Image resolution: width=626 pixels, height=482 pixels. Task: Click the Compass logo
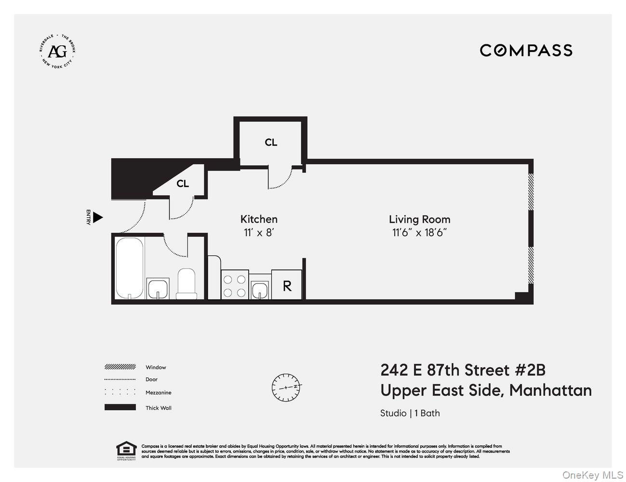click(526, 50)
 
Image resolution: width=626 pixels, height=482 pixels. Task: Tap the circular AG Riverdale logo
click(57, 51)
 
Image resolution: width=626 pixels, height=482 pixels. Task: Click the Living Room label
click(419, 219)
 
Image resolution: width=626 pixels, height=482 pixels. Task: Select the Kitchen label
click(259, 219)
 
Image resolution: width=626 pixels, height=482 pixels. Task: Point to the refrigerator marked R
click(287, 286)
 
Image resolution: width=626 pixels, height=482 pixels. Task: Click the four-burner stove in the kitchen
click(235, 285)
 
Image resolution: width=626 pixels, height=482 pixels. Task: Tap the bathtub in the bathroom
click(129, 268)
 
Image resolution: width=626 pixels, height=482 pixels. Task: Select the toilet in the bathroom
click(187, 284)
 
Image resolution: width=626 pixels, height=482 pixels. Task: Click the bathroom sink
click(158, 289)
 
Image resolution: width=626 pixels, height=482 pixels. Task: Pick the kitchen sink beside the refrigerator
click(260, 289)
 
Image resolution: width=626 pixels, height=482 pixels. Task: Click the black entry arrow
click(98, 218)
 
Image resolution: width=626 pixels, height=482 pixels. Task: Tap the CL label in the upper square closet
click(271, 142)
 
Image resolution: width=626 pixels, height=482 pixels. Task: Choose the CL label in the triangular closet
click(183, 184)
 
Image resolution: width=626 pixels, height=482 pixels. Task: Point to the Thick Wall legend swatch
click(120, 408)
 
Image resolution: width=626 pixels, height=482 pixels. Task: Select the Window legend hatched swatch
click(120, 367)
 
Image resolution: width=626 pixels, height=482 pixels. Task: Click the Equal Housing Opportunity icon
click(126, 450)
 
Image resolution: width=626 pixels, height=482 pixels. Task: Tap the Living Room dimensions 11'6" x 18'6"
click(419, 233)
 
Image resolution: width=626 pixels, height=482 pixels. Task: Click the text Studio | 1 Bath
click(410, 413)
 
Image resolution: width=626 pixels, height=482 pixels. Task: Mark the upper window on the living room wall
click(531, 191)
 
